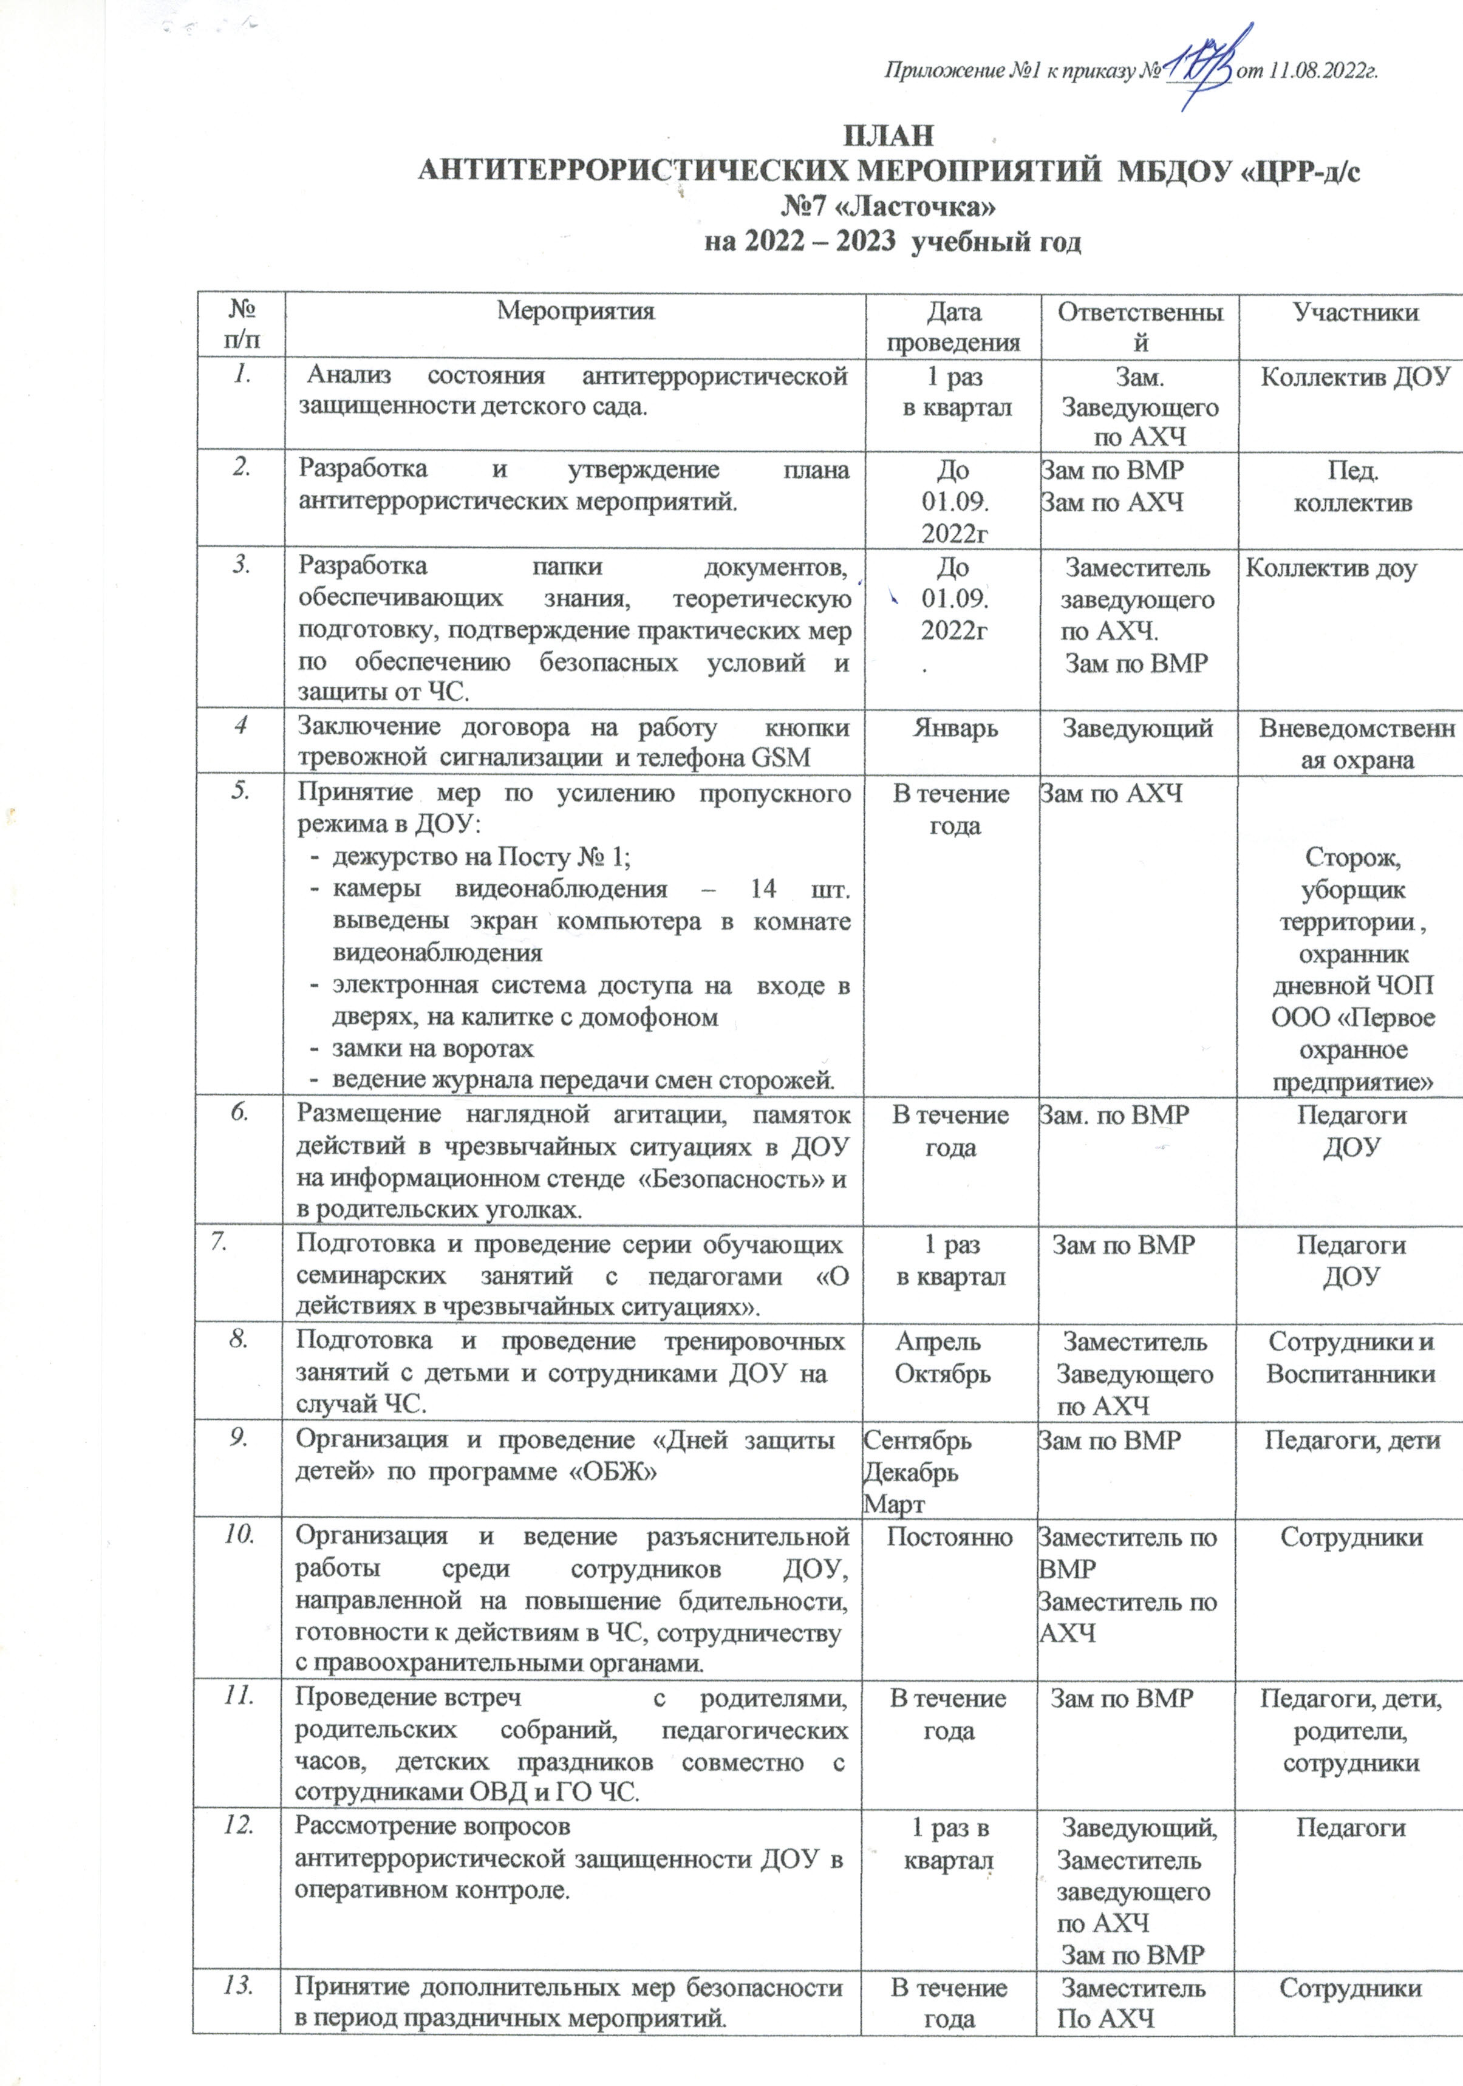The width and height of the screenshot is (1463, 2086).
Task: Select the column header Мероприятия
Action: click(575, 312)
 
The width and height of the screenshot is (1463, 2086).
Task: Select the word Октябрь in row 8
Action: click(943, 1374)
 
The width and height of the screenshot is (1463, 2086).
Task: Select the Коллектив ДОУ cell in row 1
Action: click(1355, 376)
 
